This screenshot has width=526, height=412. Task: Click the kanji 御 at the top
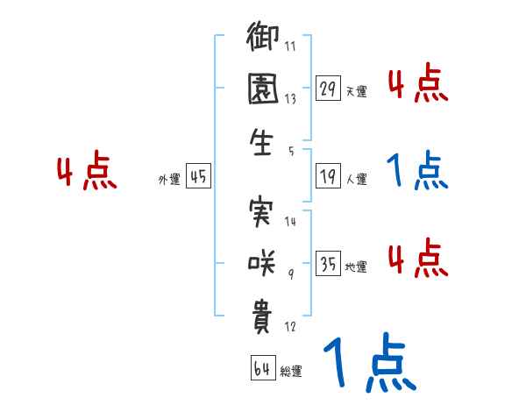tap(263, 40)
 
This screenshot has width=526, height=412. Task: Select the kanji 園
tap(263, 90)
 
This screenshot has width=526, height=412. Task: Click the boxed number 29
tap(328, 88)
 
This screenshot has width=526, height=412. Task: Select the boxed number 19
tap(328, 176)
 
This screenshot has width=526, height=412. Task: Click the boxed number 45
tap(198, 177)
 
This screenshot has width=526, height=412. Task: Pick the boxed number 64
tap(261, 367)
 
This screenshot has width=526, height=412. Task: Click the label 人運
tap(356, 179)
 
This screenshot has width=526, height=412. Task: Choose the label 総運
tap(291, 371)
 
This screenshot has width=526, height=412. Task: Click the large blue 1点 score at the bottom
tap(368, 362)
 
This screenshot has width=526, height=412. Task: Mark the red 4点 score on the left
tap(87, 173)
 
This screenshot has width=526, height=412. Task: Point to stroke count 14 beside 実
tap(290, 222)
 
